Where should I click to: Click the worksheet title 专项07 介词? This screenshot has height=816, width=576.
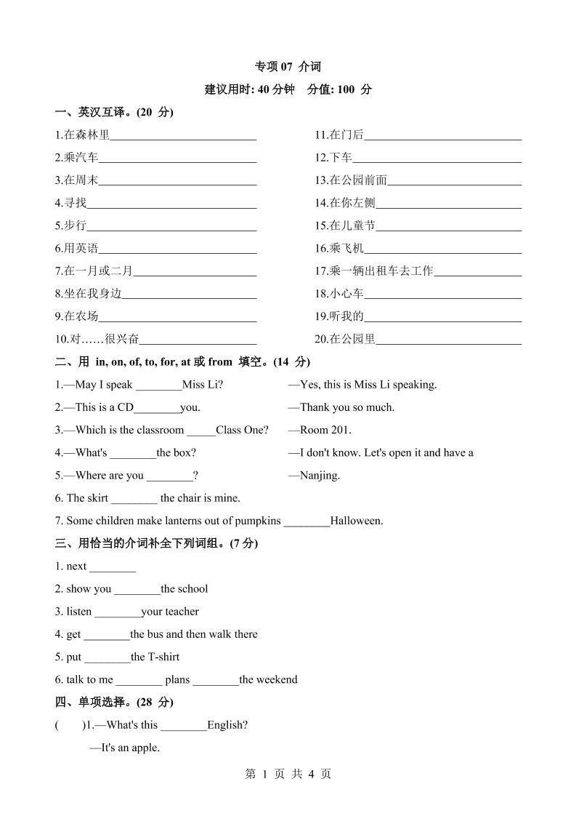pos(288,67)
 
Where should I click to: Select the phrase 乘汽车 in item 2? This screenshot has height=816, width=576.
pos(81,157)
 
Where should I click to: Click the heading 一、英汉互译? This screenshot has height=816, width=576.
pos(113,112)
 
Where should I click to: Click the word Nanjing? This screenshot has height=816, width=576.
pos(320,476)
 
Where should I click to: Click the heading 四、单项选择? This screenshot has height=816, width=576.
pos(114,702)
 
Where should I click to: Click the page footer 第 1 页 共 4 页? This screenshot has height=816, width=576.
pos(288,775)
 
